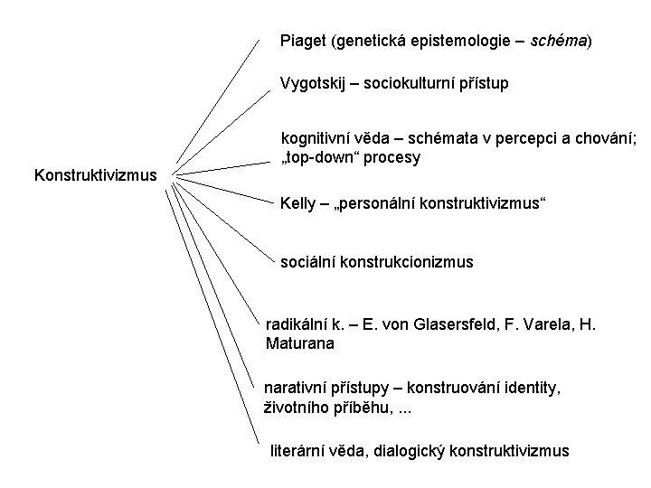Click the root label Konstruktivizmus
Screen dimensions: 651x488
(x=95, y=174)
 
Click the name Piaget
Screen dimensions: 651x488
(x=304, y=41)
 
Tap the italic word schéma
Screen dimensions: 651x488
(x=559, y=41)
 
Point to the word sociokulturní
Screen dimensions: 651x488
(x=412, y=84)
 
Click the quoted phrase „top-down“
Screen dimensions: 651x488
(x=323, y=156)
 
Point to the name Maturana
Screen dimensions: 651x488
(x=300, y=343)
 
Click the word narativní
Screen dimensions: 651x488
(x=294, y=388)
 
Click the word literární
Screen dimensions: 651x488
(x=300, y=450)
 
